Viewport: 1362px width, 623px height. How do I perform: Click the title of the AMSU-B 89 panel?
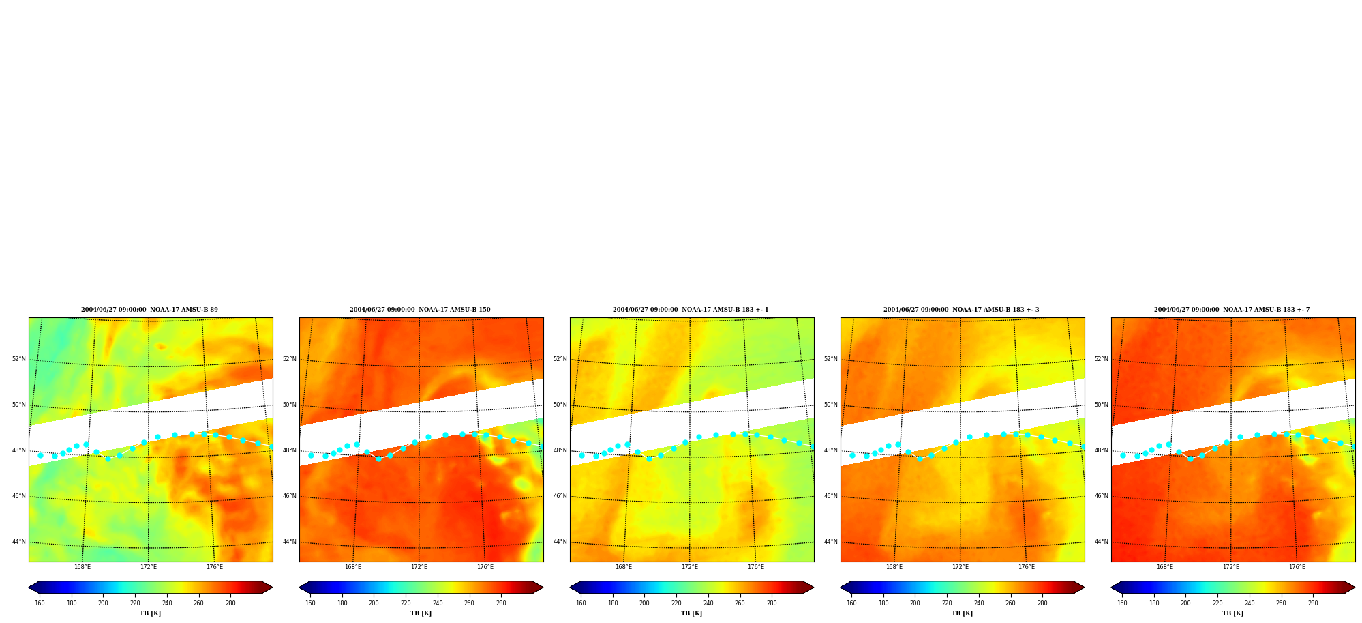click(x=150, y=310)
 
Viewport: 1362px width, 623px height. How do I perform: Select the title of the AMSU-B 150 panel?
click(x=420, y=310)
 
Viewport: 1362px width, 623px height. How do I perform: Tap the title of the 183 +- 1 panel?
click(x=691, y=310)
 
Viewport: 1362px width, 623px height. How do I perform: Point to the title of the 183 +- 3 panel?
click(x=961, y=310)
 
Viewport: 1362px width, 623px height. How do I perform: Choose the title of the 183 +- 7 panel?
click(x=1232, y=310)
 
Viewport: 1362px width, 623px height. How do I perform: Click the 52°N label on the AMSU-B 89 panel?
click(x=18, y=359)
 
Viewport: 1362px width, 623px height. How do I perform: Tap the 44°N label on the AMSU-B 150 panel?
click(x=289, y=542)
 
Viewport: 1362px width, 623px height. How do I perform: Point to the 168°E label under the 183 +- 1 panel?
click(x=623, y=567)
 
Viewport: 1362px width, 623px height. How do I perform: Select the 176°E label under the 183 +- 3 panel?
click(x=1026, y=567)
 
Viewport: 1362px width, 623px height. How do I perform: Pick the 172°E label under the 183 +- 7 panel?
click(x=1230, y=567)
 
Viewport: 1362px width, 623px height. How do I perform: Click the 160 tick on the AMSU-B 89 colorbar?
click(x=40, y=603)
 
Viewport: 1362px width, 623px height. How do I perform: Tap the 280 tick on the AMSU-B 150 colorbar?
click(x=501, y=603)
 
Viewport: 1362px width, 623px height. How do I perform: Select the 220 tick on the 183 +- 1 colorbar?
click(x=676, y=603)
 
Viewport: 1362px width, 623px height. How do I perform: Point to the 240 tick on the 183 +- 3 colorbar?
click(x=978, y=603)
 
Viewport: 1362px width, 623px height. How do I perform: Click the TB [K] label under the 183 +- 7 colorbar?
click(x=1232, y=613)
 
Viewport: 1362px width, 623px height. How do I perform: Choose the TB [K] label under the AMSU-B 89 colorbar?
click(x=150, y=613)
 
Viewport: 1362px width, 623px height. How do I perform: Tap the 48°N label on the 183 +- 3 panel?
click(x=830, y=450)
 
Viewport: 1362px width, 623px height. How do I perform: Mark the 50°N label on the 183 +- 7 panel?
click(x=1101, y=405)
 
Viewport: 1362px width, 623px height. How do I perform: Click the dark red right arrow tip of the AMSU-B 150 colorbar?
click(x=543, y=588)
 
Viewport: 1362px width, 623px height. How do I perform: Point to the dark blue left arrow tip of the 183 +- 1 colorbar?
click(x=571, y=588)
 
